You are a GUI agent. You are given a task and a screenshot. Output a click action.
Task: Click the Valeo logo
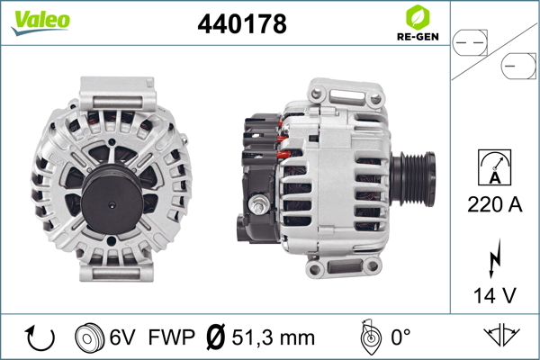(x=40, y=22)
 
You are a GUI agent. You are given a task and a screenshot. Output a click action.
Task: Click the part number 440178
(x=242, y=24)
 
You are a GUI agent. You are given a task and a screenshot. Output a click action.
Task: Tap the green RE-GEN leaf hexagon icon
(x=418, y=17)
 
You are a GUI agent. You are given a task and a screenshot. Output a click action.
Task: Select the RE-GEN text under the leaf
(x=418, y=37)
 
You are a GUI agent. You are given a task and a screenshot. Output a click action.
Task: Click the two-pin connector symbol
(x=470, y=43)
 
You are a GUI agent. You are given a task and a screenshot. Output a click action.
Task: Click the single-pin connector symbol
(x=518, y=66)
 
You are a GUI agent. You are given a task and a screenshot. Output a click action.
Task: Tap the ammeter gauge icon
(x=494, y=167)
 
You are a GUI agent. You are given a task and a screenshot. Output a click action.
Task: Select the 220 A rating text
(x=494, y=204)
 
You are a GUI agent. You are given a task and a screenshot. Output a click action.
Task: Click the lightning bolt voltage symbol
(x=494, y=258)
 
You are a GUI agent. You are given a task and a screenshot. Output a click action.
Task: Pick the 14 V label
(x=494, y=295)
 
